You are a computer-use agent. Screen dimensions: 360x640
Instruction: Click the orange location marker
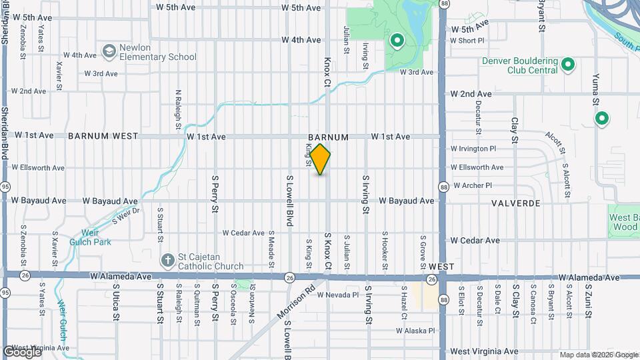click(321, 159)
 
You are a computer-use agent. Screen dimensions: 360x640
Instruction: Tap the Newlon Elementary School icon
click(109, 51)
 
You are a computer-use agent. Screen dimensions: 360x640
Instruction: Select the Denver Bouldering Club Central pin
click(568, 65)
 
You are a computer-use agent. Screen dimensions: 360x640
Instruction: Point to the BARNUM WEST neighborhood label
click(103, 136)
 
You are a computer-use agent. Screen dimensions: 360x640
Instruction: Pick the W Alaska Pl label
click(415, 330)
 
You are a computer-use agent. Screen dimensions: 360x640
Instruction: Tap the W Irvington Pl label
click(473, 149)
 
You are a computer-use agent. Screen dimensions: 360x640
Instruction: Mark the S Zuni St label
click(589, 296)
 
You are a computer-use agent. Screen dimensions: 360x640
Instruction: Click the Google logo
click(22, 351)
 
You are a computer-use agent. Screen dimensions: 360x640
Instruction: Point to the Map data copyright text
click(598, 355)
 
